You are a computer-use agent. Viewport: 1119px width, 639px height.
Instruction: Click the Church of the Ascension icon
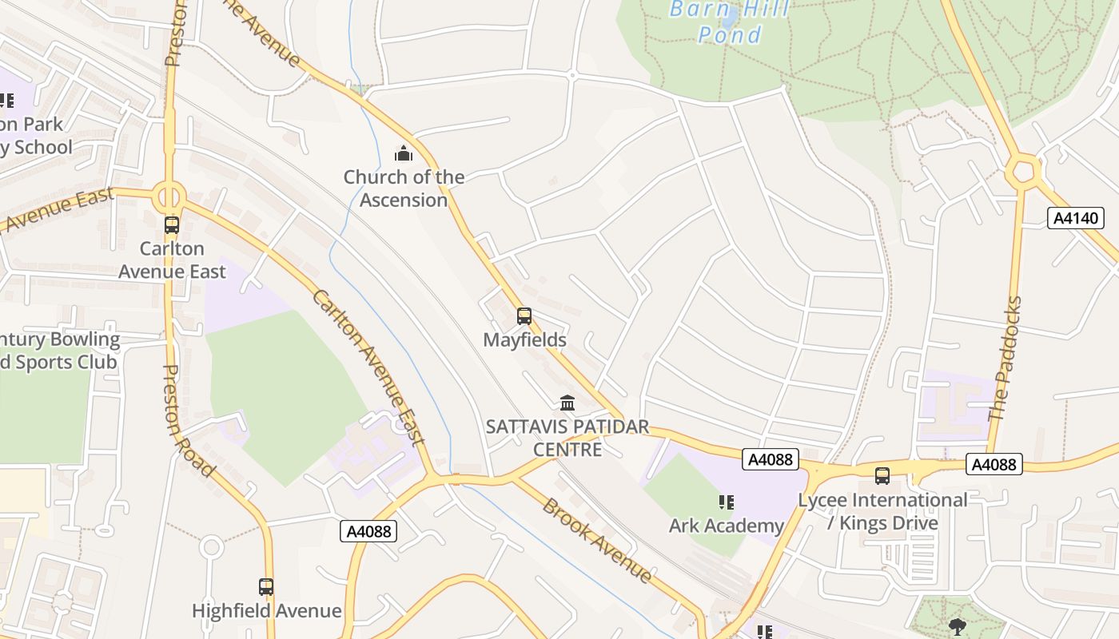coord(404,153)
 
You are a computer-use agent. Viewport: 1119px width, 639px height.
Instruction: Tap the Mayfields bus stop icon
coord(524,316)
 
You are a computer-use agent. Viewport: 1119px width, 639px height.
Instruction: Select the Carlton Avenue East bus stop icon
coord(172,225)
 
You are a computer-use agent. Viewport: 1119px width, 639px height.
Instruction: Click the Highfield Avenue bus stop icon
coord(266,587)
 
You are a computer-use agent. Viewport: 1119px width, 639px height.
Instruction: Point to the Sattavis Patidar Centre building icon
coord(567,403)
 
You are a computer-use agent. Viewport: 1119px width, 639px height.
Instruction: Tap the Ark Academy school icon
coord(726,502)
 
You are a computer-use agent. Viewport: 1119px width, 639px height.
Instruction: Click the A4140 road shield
coord(1075,218)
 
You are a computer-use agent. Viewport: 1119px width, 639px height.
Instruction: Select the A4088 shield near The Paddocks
coord(994,464)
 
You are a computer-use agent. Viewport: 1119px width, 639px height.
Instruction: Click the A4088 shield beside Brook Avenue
coord(368,531)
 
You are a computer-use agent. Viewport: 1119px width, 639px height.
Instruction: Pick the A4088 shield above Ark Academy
coord(771,459)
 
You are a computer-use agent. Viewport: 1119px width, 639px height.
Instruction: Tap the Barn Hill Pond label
coord(730,22)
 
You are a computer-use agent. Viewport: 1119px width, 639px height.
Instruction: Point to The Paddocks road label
coord(1006,359)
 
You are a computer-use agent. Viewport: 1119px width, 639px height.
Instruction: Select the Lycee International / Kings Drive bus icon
coord(882,476)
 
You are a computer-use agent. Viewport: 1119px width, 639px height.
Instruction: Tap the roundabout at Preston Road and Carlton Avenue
coord(169,195)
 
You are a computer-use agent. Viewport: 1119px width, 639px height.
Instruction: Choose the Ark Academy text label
coord(726,526)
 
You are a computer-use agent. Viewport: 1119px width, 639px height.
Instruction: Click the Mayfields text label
coord(524,339)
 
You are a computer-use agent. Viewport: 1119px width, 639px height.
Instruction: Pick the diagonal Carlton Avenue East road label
coord(368,366)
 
